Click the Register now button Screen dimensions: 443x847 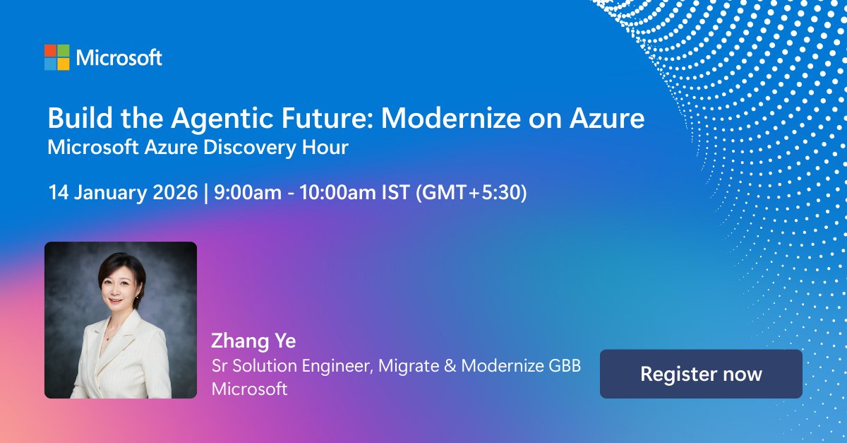point(701,374)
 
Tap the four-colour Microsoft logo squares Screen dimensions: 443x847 point(56,57)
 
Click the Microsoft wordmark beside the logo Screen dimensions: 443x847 point(119,58)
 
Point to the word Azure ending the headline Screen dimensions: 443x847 point(608,118)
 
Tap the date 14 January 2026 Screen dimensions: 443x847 point(123,193)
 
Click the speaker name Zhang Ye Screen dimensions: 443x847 point(253,341)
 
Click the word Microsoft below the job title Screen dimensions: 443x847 point(250,389)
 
